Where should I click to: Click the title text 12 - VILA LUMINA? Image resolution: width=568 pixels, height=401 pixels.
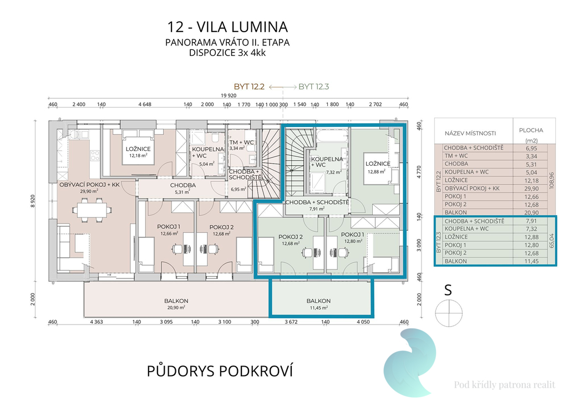(x=227, y=27)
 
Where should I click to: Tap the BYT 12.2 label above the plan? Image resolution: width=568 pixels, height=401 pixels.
(x=249, y=87)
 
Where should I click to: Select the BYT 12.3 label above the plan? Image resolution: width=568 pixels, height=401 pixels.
(x=314, y=87)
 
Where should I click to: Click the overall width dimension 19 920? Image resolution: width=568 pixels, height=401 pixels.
(x=229, y=95)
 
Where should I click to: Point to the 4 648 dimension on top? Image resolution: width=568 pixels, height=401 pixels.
(x=145, y=104)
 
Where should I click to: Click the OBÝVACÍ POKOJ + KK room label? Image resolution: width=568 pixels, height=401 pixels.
(x=89, y=185)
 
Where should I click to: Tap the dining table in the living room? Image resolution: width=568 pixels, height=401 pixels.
(x=92, y=210)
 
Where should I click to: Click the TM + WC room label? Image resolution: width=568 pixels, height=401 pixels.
(x=241, y=143)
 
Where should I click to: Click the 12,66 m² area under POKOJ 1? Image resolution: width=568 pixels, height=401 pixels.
(x=169, y=234)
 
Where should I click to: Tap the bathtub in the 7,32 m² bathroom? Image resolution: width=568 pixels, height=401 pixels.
(x=332, y=138)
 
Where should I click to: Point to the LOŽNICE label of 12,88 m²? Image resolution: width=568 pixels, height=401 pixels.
(x=378, y=164)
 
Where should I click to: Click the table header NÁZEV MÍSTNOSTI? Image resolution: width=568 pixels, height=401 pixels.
(x=470, y=133)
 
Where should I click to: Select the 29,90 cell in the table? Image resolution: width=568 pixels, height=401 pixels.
(x=531, y=189)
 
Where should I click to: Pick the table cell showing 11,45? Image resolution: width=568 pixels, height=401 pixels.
(x=531, y=261)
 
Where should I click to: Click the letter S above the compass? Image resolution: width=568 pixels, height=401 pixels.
(x=448, y=290)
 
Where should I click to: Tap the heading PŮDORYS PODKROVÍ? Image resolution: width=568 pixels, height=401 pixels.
(x=220, y=371)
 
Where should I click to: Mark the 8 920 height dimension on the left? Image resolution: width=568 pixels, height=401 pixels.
(x=33, y=201)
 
